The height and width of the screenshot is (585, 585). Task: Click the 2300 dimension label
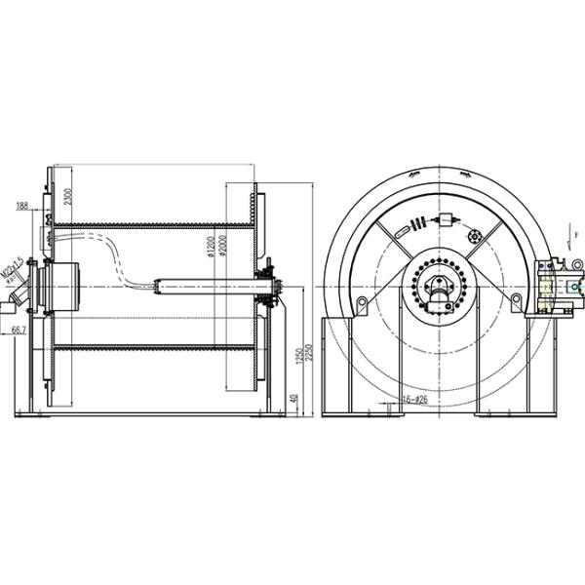point(67,197)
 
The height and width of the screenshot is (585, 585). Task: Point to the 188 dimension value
point(23,207)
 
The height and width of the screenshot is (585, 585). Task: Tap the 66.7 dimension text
point(19,331)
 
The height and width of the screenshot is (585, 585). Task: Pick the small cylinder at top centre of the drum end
point(449,221)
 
